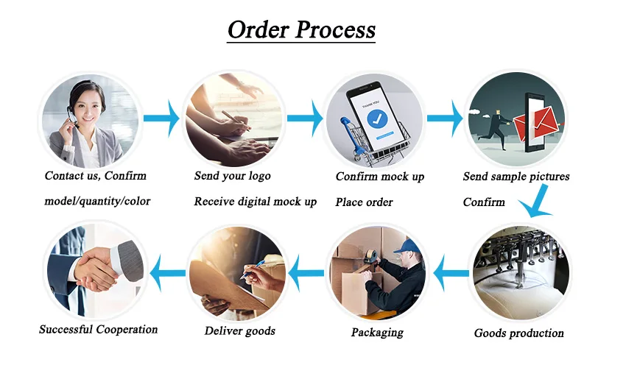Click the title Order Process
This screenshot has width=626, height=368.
[301, 29]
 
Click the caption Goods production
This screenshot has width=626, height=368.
[518, 333]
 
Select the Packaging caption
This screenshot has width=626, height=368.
[377, 332]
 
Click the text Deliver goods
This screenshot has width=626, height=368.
[239, 330]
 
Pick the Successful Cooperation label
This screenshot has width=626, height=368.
[98, 329]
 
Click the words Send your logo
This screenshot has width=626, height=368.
[232, 176]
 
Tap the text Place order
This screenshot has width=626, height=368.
[364, 202]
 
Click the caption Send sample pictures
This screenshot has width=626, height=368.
[516, 177]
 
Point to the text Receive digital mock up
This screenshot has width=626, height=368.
[255, 202]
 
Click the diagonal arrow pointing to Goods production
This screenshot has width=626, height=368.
[536, 200]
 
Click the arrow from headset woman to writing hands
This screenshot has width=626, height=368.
[161, 118]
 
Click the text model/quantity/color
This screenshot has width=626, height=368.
[97, 201]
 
